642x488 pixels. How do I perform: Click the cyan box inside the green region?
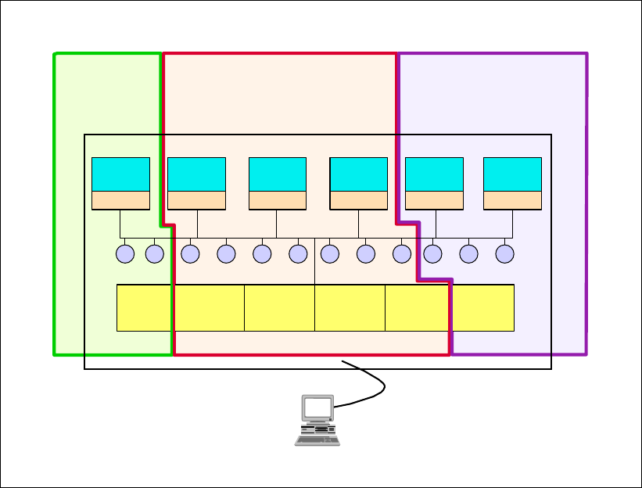click(120, 174)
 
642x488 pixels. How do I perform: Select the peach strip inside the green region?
click(120, 199)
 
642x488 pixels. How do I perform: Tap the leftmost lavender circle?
click(125, 253)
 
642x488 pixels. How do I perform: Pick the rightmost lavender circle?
click(504, 253)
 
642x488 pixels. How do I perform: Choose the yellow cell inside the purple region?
click(483, 307)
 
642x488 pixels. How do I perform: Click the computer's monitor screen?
click(317, 407)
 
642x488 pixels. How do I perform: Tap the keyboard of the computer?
click(317, 440)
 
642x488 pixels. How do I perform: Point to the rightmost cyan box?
click(512, 174)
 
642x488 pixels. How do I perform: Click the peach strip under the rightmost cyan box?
click(512, 199)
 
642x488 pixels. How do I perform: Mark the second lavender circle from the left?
click(155, 253)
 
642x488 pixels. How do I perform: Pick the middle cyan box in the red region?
click(277, 174)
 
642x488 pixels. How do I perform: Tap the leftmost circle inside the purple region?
click(432, 253)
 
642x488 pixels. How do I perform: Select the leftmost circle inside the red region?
click(190, 253)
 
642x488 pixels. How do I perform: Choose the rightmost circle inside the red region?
click(402, 253)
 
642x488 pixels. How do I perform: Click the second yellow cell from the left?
click(209, 307)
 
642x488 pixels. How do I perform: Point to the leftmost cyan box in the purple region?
click(434, 174)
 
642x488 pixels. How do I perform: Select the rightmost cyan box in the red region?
click(358, 174)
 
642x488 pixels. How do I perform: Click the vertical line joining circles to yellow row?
click(314, 266)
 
